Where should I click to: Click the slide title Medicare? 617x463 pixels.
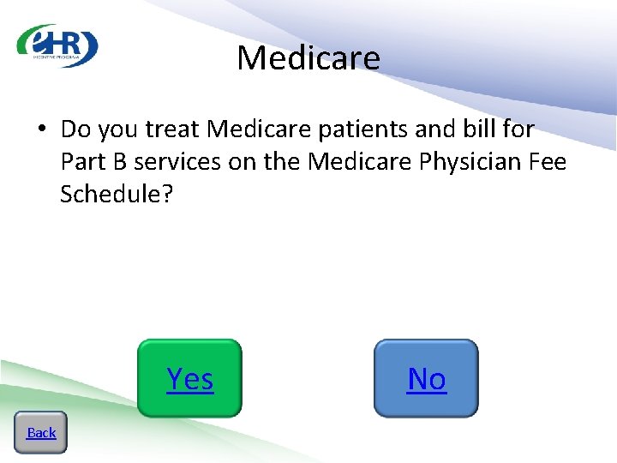(x=308, y=58)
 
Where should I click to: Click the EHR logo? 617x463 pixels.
(x=57, y=45)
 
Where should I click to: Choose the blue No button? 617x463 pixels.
(x=426, y=378)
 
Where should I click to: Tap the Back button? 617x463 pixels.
(x=40, y=432)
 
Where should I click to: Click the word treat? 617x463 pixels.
(x=175, y=129)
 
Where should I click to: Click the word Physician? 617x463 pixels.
(x=465, y=161)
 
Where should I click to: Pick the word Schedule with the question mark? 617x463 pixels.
(x=117, y=194)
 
